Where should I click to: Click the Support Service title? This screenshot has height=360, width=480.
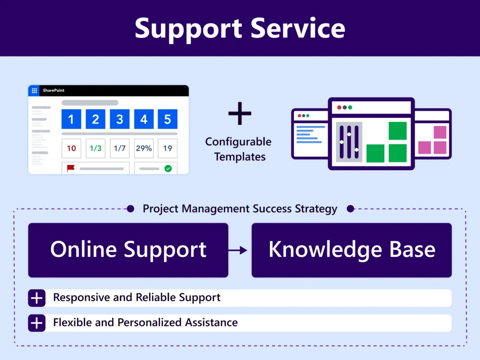coord(240,28)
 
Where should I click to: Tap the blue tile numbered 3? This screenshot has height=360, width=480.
coord(120,119)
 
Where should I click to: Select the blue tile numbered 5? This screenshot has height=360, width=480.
coord(167,119)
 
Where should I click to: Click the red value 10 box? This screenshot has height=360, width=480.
coord(71,148)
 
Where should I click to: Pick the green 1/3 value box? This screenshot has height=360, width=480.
coord(95,148)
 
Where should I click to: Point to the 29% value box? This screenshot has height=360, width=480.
coord(143,148)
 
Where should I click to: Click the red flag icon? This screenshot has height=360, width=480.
coord(71,168)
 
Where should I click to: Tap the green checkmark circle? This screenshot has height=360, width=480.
coord(168,168)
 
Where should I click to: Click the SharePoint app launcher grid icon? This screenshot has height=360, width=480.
coord(34,90)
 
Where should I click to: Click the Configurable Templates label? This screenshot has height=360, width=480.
coord(239,149)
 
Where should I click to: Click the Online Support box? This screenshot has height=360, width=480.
coord(128,250)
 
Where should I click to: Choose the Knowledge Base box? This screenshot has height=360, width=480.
coord(352,250)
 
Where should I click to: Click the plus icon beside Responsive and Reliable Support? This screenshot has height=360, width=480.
coord(37,298)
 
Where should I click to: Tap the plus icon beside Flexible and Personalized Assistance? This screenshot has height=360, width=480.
coord(37,323)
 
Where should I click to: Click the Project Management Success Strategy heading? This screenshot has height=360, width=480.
coord(240,209)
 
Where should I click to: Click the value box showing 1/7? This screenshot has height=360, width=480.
coord(120,148)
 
